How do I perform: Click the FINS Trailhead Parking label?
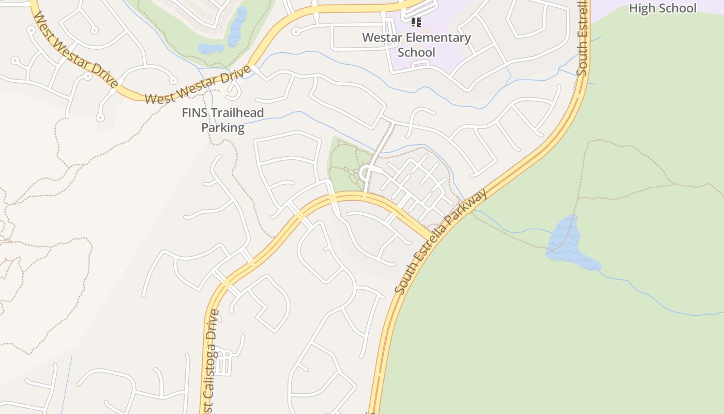223,120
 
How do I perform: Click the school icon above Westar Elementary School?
416,22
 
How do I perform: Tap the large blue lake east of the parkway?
566,243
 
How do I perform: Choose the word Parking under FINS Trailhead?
223,128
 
